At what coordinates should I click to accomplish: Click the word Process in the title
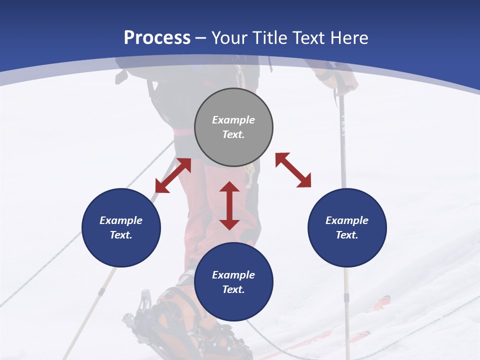(x=157, y=38)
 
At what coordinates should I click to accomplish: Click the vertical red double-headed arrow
(x=229, y=205)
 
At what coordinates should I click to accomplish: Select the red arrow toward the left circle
(x=173, y=175)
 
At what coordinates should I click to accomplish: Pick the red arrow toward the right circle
(x=293, y=170)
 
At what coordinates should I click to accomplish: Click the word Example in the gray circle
(x=233, y=120)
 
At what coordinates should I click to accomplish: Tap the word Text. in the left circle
(x=121, y=235)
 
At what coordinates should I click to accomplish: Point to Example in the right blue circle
(x=347, y=220)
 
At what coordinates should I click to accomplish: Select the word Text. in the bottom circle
(x=233, y=289)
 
